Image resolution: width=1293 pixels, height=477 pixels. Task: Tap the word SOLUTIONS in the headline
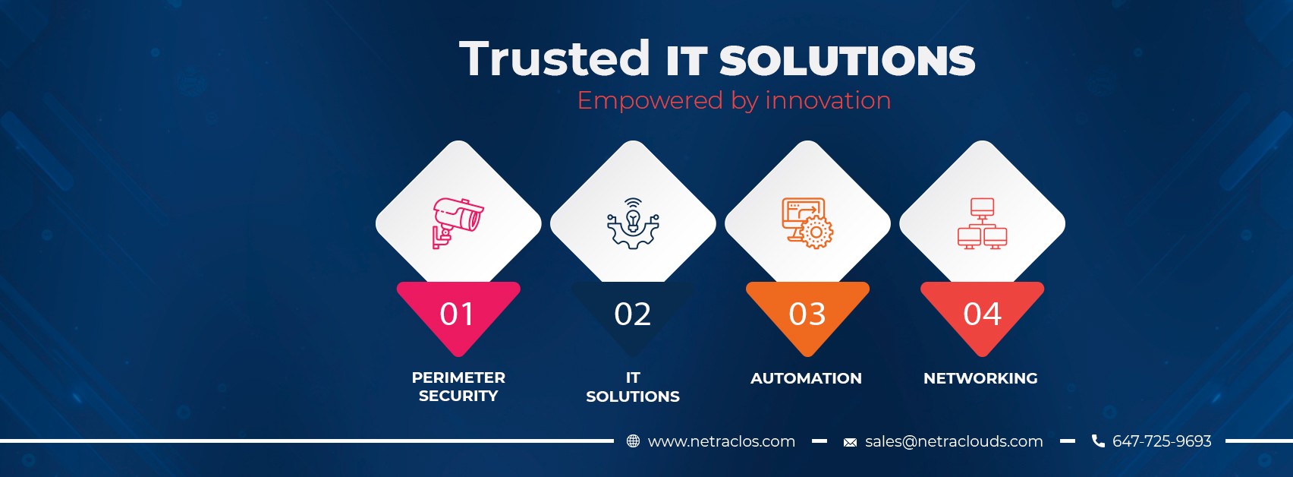[848, 62]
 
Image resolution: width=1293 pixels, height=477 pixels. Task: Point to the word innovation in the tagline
[829, 100]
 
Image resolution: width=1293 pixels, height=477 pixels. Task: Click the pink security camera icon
[458, 223]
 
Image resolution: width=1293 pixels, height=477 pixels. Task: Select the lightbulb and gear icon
[634, 223]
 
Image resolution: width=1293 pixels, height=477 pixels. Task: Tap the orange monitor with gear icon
[807, 223]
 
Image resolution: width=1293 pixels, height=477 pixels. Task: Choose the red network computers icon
[983, 223]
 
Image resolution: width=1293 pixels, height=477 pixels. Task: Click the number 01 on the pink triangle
[457, 314]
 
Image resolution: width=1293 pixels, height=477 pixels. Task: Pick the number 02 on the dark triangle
[633, 314]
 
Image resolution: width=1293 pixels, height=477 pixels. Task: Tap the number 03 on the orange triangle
[807, 314]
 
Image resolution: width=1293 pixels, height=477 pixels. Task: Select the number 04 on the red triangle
[982, 314]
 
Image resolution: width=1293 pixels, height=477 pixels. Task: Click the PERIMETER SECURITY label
[458, 387]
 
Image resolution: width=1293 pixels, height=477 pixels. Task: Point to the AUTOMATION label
[806, 378]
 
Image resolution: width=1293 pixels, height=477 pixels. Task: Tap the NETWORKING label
[980, 378]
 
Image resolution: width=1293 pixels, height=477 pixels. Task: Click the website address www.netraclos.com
[722, 442]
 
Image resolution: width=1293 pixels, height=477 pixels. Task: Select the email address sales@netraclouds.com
[954, 442]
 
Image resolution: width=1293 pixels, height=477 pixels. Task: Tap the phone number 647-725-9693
[1162, 441]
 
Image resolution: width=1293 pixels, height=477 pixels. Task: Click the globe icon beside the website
[634, 441]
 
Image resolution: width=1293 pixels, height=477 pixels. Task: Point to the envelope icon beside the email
[851, 442]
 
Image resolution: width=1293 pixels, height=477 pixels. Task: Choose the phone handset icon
[1099, 441]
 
